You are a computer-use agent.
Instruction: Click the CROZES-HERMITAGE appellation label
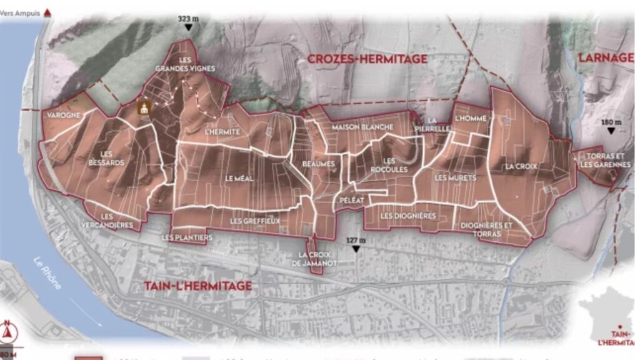367,59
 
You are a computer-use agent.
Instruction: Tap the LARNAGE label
605,57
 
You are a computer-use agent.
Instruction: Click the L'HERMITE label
222,132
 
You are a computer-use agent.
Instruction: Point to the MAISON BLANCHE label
362,127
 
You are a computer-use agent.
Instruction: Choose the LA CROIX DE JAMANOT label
317,259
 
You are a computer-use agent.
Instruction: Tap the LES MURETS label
455,178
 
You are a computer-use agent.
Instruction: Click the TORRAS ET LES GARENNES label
604,160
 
